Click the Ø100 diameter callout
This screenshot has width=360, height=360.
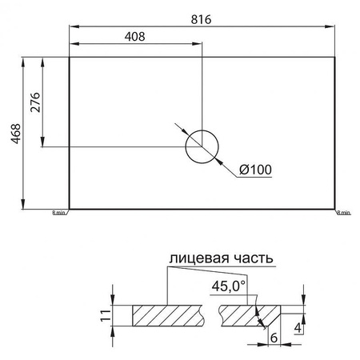[x=255, y=169]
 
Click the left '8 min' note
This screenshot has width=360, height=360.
[x=59, y=212]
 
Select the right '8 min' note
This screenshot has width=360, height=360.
[x=344, y=212]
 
